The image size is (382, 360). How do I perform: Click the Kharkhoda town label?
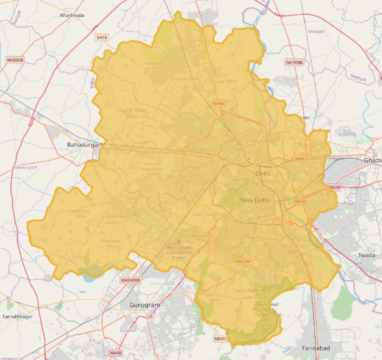pos(72,15)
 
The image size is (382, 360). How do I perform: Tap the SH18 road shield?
pos(101,38)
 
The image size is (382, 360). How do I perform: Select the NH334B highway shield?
pos(15,60)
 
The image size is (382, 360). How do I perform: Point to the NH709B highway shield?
pos(294,62)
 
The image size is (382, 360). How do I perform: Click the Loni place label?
pos(305,117)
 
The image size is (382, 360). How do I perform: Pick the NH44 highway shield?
pos(219,103)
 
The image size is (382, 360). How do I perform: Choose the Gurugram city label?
pos(144,305)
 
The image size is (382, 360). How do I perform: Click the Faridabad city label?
pos(316,348)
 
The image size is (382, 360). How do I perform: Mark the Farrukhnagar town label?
pos(18,317)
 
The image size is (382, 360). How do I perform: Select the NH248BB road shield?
pos(131,280)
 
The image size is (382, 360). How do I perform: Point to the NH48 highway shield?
pos(115,353)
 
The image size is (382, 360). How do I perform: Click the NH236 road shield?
pos(243,261)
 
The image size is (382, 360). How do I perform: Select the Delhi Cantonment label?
pos(210,214)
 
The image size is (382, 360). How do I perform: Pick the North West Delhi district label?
pos(132,113)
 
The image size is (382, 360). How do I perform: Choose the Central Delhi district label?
pos(261,141)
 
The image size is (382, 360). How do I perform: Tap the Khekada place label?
pos(316,31)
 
